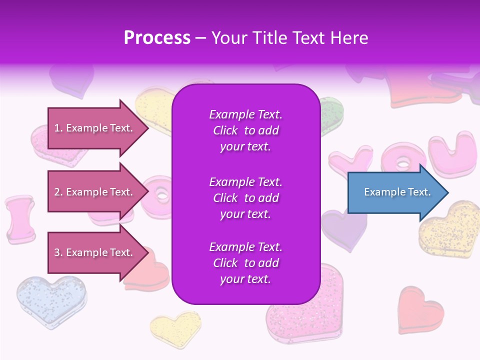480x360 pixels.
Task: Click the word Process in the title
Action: tap(157, 38)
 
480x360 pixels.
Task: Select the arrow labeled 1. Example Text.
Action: tap(95, 128)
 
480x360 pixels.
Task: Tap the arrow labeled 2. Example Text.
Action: tap(95, 192)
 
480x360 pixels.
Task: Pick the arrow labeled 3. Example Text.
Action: tap(95, 252)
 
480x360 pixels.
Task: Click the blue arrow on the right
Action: tap(395, 192)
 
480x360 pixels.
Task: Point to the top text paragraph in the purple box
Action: tap(245, 130)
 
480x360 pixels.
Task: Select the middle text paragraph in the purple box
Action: tap(245, 198)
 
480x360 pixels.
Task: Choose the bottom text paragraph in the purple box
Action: tap(245, 263)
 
